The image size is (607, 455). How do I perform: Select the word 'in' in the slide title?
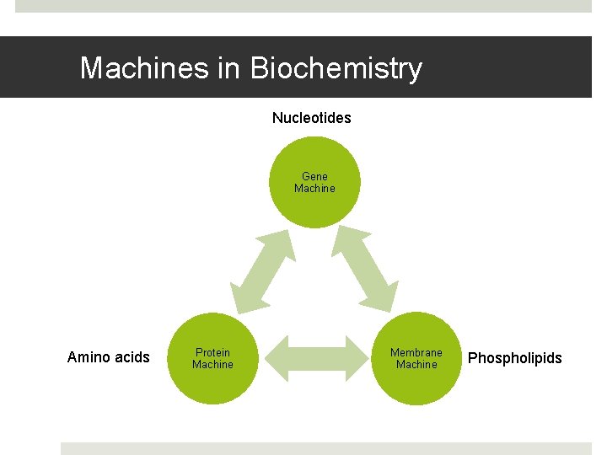coord(229,67)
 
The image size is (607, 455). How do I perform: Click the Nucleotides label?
coord(311,118)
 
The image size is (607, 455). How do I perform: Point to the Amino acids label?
coord(108,357)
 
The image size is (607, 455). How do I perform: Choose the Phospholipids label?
coord(514,358)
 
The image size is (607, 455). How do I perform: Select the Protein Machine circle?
coord(212,360)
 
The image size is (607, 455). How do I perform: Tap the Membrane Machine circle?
coord(416,360)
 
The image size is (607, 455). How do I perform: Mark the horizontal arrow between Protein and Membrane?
coord(314,358)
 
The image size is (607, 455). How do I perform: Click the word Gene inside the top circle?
coord(314,176)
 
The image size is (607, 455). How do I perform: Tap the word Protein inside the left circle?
coord(212,352)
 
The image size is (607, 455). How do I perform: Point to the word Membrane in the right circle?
coord(416,352)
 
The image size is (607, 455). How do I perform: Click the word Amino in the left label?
coord(88,357)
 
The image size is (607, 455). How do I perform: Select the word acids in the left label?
coord(131,357)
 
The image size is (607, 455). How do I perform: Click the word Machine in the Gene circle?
coord(314,189)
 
